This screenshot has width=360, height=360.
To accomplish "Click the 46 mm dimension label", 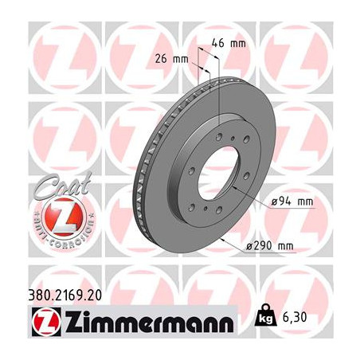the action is [229, 43].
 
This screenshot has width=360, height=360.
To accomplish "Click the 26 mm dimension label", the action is [171, 59].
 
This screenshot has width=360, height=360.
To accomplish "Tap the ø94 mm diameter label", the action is [292, 202].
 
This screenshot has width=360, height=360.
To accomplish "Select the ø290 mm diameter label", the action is [270, 246].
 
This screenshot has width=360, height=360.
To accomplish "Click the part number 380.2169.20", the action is [65, 295].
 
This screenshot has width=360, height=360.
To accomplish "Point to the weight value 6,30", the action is [295, 317].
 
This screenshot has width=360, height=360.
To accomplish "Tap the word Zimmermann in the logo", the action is [149, 321].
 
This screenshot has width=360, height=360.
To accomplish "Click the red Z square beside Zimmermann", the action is [46, 322].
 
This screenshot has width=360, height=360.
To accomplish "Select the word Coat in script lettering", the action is [63, 185].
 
